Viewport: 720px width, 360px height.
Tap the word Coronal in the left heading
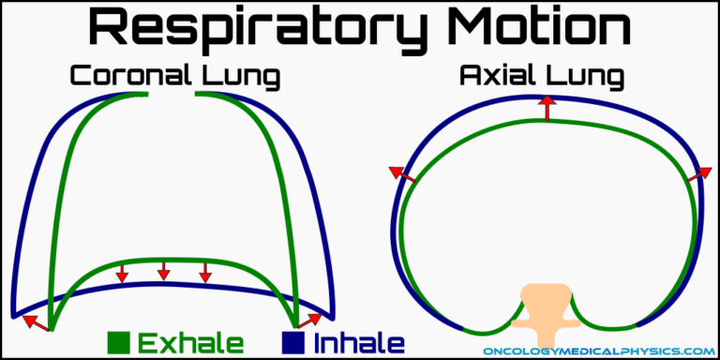click(124, 77)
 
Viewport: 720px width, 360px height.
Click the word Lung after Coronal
click(237, 79)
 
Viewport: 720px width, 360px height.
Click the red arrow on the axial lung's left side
click(400, 173)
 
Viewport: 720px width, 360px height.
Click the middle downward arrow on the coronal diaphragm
click(164, 271)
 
